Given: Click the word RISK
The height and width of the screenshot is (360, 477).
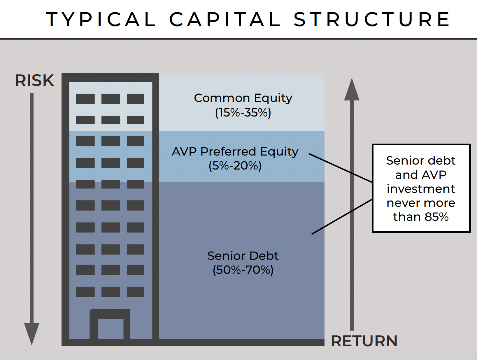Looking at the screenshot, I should click(x=34, y=80).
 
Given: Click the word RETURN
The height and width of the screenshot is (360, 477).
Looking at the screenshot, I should click(x=364, y=341).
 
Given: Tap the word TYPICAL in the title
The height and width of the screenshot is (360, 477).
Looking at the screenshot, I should click(x=101, y=20).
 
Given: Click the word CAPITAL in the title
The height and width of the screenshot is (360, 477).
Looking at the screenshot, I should click(x=225, y=20).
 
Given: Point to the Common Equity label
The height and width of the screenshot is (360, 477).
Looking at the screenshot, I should click(x=243, y=98).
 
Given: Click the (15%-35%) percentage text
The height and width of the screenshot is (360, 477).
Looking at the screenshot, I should click(x=243, y=112).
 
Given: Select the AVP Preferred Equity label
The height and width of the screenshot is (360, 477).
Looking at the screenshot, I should click(x=235, y=151).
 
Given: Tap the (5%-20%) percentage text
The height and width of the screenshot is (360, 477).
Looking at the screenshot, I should click(x=235, y=166).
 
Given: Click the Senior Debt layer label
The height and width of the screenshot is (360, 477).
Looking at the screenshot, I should click(x=243, y=256).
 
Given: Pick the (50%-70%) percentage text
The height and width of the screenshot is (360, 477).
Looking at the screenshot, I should click(x=243, y=270).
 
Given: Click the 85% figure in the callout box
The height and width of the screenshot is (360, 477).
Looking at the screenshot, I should click(x=436, y=217).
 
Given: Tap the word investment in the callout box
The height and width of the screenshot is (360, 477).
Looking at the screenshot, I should click(x=421, y=189).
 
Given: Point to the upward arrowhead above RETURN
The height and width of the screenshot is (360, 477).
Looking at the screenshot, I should click(x=352, y=90).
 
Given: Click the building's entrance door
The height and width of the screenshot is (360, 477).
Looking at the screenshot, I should click(x=111, y=328).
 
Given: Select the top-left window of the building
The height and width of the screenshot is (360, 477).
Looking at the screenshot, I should click(x=85, y=99).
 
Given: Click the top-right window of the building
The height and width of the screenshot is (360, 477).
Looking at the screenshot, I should click(x=135, y=99).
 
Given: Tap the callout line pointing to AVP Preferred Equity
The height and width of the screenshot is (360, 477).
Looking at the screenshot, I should click(x=341, y=168).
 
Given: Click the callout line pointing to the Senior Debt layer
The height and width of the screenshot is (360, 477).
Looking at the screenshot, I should click(x=342, y=217).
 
